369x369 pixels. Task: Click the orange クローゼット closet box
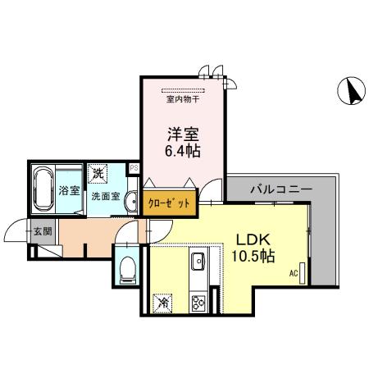(x=171, y=202)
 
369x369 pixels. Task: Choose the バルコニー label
(x=280, y=189)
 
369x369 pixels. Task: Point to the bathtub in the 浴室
(x=43, y=189)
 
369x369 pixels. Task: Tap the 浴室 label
(x=69, y=192)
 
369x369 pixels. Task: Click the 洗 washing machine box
(x=98, y=173)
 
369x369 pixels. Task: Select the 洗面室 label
(x=106, y=197)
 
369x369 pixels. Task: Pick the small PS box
(x=134, y=169)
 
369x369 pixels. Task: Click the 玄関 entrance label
(x=42, y=231)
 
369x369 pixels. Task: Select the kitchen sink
(x=199, y=262)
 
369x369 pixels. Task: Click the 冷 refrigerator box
(x=162, y=302)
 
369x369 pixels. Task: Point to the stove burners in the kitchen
(x=199, y=302)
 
